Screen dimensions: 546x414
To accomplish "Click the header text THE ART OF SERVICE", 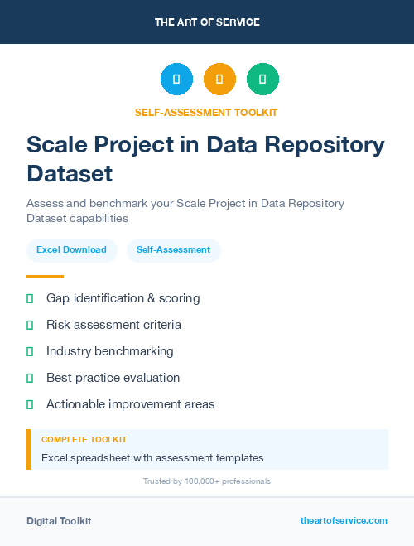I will [207, 22].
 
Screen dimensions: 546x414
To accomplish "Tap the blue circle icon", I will [176, 80].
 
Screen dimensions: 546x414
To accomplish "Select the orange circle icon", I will [219, 80].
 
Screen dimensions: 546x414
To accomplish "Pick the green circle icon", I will [262, 80].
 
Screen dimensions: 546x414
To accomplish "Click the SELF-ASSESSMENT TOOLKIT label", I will [207, 112].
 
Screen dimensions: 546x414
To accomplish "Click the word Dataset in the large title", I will [70, 174].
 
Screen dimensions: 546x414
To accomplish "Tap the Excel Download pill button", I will [71, 249].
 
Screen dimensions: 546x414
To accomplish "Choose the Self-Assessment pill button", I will [173, 249].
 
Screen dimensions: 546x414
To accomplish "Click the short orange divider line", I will [45, 277].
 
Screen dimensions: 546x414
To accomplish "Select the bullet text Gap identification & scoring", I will [123, 298].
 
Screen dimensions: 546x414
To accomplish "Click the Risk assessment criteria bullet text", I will [113, 325].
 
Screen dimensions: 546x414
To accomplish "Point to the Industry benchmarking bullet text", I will [110, 351].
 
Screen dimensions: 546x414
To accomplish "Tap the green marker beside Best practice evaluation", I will [30, 378].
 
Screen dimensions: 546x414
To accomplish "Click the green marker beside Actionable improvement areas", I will [30, 404].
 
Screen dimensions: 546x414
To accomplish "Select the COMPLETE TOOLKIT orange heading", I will [84, 440].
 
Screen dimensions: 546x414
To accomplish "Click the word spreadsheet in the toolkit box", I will [102, 457].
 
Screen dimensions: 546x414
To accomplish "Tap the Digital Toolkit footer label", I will [59, 521].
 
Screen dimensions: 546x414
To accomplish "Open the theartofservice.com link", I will [344, 520].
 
